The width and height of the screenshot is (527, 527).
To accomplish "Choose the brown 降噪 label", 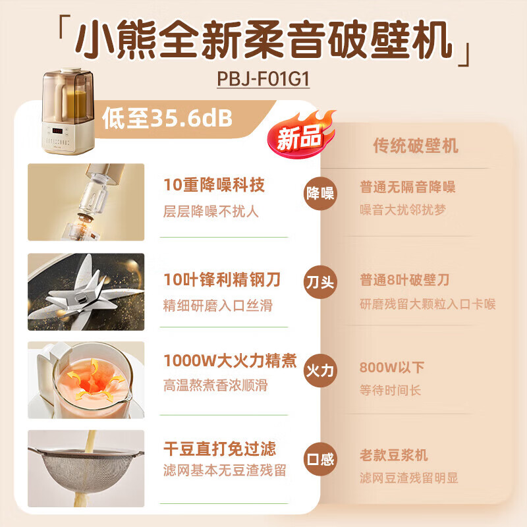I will click(320, 194).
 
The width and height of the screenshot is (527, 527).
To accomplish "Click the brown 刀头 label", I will click(320, 284).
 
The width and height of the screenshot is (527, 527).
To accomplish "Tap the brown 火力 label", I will click(320, 371).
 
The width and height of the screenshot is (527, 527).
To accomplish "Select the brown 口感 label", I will click(320, 457).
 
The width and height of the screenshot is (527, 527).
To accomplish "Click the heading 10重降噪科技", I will click(213, 186).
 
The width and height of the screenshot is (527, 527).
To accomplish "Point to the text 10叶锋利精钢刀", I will click(222, 280).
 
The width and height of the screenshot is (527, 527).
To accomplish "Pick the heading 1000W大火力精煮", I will click(230, 361).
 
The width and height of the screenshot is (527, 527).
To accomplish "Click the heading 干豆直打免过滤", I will click(219, 449).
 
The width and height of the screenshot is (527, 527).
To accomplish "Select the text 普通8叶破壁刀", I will click(404, 280).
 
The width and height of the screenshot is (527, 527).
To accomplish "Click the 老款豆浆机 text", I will click(393, 455).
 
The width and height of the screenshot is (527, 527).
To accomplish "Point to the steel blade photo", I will click(86, 292).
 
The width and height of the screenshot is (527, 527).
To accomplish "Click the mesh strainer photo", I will click(86, 468).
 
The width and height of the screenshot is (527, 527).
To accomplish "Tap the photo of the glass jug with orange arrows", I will click(86, 379).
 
